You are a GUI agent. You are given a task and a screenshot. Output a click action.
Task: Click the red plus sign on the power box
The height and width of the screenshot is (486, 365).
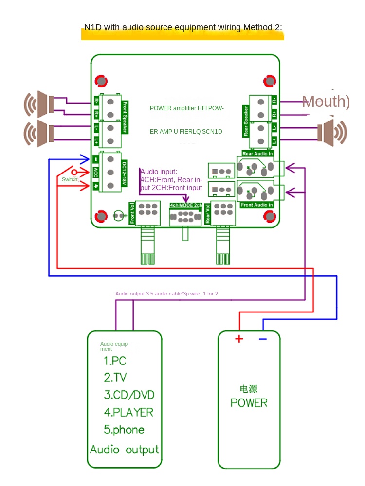coord(239,339)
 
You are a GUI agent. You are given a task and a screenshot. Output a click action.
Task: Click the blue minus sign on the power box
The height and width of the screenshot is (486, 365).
coord(263,339)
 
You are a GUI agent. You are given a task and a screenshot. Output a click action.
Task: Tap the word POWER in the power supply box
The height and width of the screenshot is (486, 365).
coord(249,403)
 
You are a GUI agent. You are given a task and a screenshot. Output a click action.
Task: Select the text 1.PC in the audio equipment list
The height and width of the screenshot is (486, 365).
coord(115,361)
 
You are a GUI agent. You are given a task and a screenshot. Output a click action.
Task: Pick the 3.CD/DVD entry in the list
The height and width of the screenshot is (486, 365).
coord(128,394)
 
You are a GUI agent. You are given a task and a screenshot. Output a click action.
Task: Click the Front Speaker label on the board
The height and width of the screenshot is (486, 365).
coord(125,117)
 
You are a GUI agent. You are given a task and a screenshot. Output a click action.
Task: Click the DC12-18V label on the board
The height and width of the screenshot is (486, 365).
coord(124,173)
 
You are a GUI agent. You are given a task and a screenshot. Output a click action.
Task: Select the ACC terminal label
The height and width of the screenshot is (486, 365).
coord(95,173)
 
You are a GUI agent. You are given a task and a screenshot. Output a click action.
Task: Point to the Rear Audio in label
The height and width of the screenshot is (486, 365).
coord(257,153)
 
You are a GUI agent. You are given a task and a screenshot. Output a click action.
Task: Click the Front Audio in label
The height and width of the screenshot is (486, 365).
coord(256,205)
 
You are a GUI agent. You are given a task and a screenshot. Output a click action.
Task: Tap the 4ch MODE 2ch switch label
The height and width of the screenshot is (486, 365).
coord(185,206)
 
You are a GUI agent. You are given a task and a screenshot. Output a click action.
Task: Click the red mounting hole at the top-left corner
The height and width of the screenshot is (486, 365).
coord(101,80)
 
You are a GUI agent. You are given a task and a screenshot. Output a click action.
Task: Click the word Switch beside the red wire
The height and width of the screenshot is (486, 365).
coord(70,180)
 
